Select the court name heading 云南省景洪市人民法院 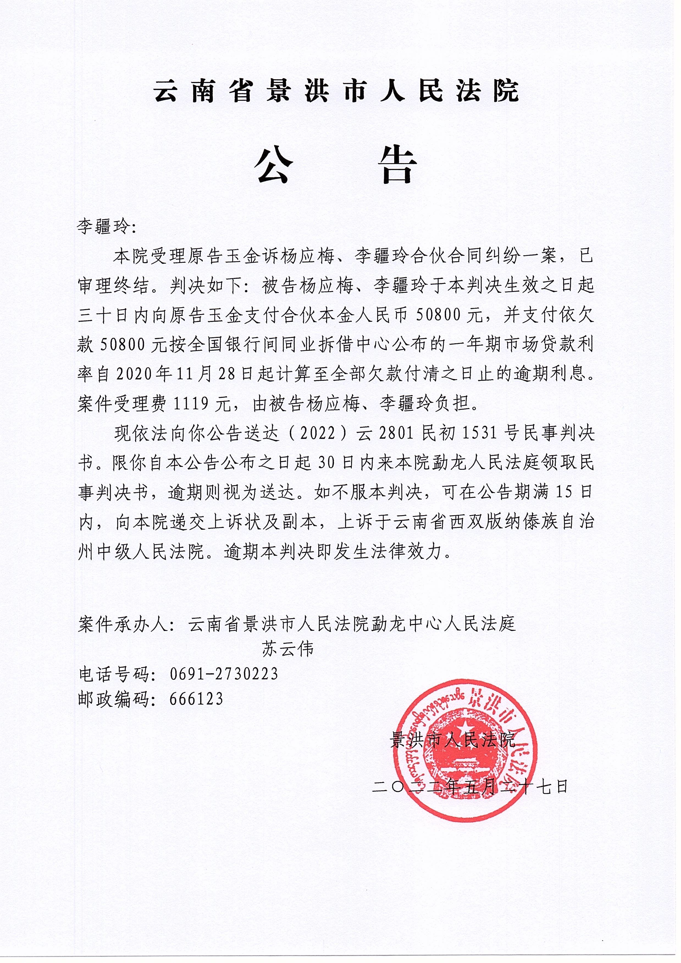[x=337, y=91]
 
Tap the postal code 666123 [x=196, y=699]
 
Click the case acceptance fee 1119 [x=191, y=404]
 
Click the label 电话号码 [x=114, y=674]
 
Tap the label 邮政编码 [x=114, y=699]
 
